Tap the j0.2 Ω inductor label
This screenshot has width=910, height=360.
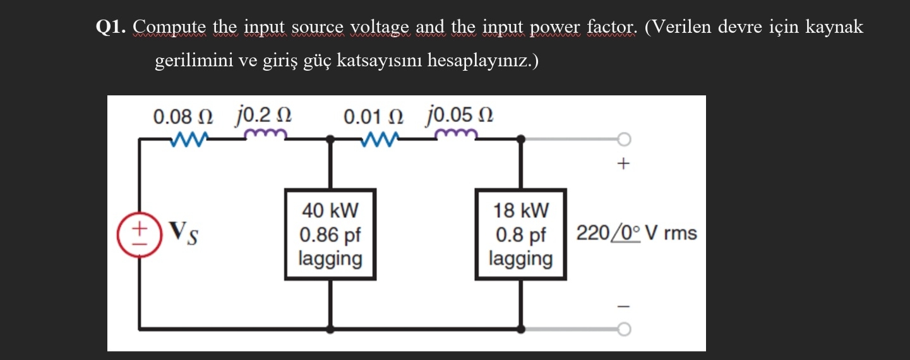coord(264,116)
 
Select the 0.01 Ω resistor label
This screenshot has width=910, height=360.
coord(374,117)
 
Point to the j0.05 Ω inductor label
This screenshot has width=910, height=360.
coord(460,116)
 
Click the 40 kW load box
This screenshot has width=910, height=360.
coord(330,234)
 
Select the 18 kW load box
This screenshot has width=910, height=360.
coord(521,234)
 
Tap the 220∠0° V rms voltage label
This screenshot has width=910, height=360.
coord(636,233)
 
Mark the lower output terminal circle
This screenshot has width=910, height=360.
coord(623,329)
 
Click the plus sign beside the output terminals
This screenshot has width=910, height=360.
coord(623,165)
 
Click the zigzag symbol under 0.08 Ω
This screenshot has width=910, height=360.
coord(188,138)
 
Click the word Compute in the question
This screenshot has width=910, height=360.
coord(170,28)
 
